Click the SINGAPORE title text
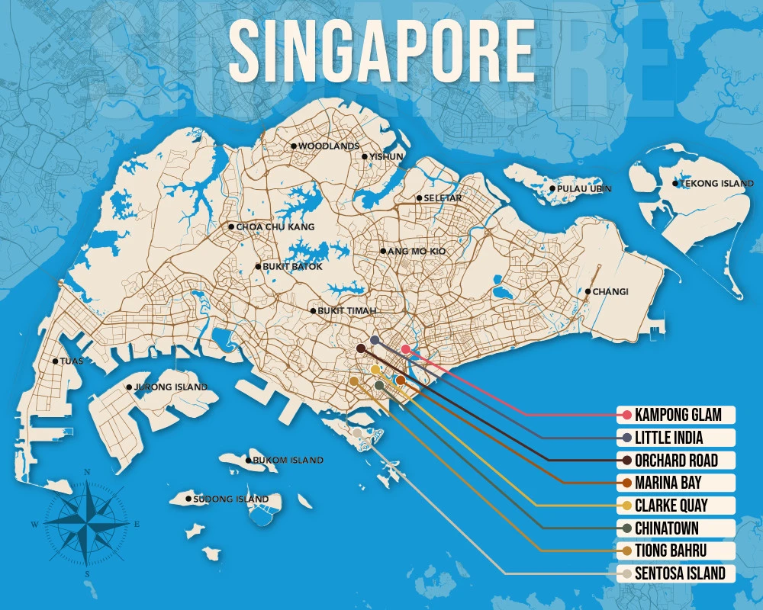pos(381,50)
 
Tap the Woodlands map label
pos(328,146)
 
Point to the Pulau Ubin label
pos(584,188)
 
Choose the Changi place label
pos(610,291)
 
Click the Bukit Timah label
pos(347,311)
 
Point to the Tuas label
pos(71,361)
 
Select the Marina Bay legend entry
pos(668,483)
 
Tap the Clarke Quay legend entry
pos(671,506)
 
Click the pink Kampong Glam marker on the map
pos(406,349)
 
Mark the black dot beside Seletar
pos(419,198)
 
